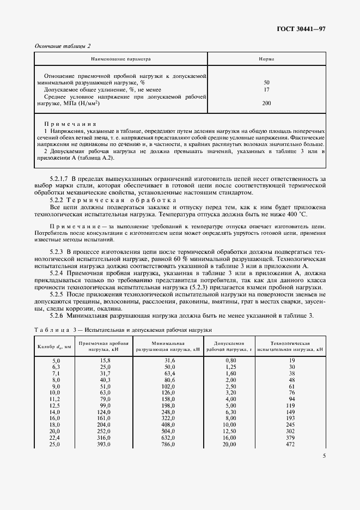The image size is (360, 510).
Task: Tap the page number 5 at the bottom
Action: click(x=324, y=456)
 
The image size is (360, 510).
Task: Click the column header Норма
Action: click(x=266, y=58)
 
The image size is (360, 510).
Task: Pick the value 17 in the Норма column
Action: click(x=266, y=89)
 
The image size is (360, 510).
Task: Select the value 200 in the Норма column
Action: click(x=266, y=102)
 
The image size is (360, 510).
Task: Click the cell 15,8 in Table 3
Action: click(x=104, y=361)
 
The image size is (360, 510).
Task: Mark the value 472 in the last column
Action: click(x=290, y=444)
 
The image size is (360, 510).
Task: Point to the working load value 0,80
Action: click(x=232, y=361)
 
